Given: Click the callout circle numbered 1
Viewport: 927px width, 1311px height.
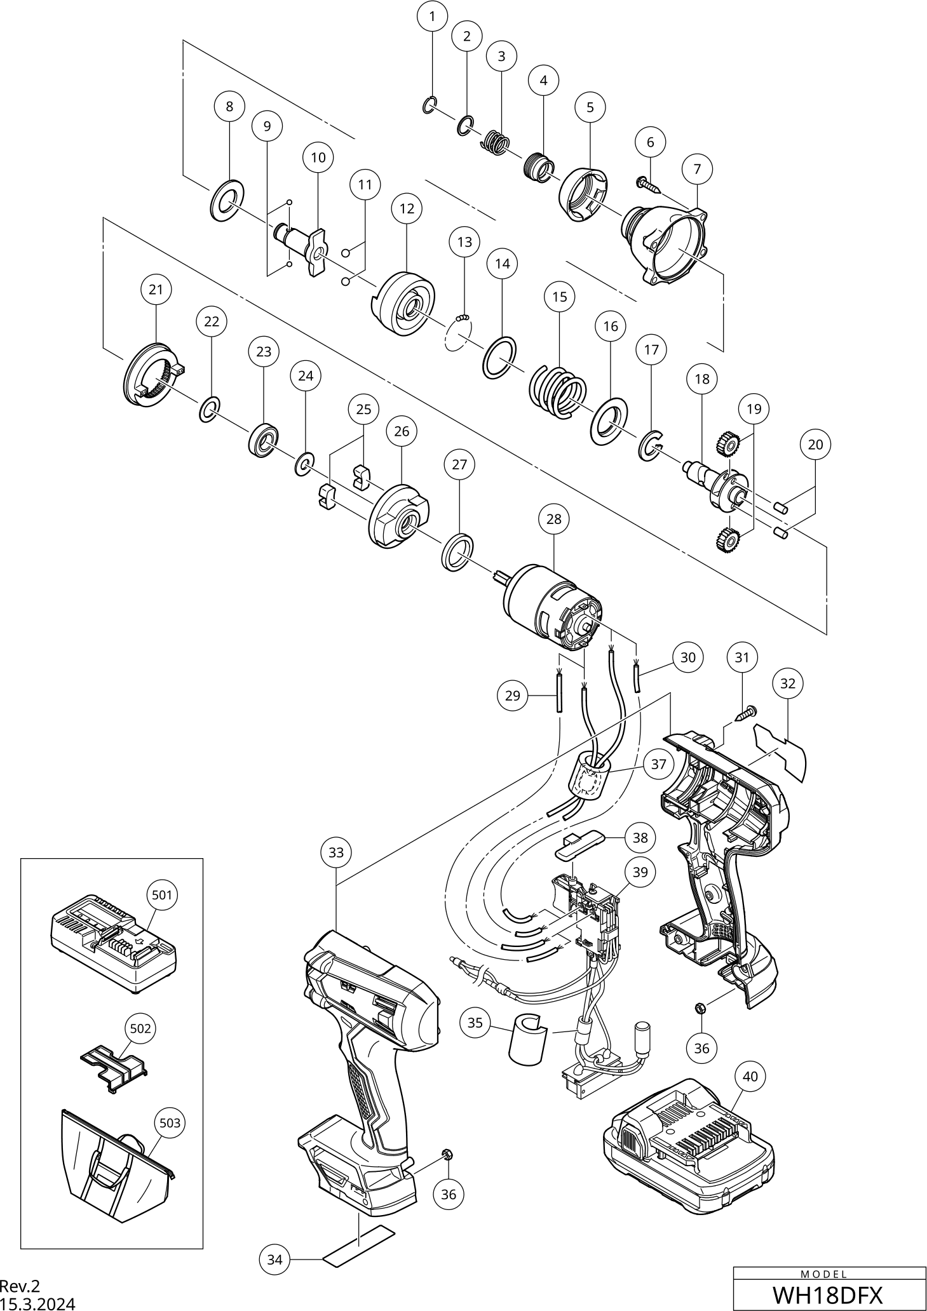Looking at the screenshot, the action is pos(433,17).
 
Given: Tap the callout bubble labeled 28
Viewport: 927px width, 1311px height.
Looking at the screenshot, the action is pos(554,519).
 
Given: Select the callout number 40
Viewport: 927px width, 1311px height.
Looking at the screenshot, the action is pos(750,1077).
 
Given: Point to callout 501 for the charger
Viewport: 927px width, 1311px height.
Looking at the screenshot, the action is pos(162,895).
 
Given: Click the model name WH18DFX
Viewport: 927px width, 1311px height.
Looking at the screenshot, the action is pos(829,1294).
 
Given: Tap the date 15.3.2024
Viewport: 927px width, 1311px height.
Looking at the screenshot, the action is pos(37,1304).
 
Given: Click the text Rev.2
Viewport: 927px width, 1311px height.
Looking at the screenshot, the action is pos(20,1286).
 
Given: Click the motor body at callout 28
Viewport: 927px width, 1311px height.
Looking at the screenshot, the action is pos(551,607).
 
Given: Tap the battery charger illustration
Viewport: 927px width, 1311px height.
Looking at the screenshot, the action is pos(112,945).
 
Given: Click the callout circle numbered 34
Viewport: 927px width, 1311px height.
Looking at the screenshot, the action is pos(274,1259).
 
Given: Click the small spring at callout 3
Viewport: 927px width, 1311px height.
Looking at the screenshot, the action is pos(498,143).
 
